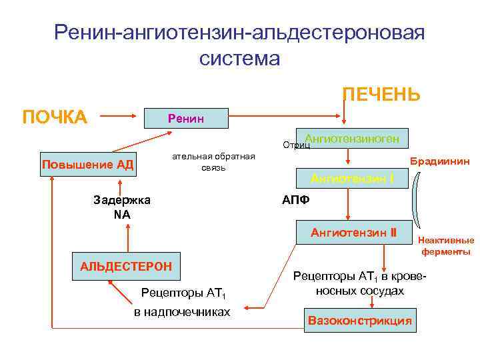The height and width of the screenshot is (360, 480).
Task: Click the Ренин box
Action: [187, 118]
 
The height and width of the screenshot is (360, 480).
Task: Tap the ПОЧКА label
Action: [55, 117]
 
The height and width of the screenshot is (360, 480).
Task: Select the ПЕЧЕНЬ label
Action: [381, 95]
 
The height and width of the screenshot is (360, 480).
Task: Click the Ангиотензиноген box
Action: [352, 138]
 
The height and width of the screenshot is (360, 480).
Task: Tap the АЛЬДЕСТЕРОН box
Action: [126, 266]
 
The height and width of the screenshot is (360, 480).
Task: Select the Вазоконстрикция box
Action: [359, 320]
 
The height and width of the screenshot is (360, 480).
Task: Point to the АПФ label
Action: [295, 200]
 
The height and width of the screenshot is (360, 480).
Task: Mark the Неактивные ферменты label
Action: [445, 246]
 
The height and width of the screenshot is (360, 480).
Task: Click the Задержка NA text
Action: [122, 207]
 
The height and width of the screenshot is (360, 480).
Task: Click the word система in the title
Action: [239, 58]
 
